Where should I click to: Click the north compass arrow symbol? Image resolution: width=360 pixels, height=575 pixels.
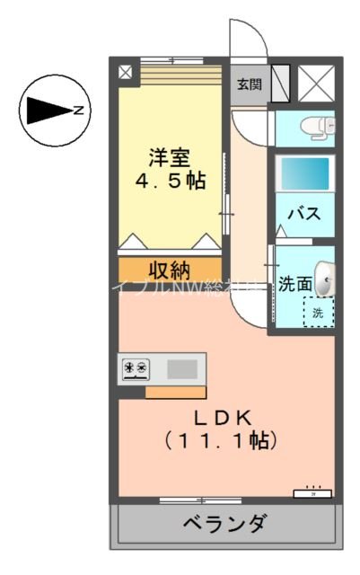tap(47, 111)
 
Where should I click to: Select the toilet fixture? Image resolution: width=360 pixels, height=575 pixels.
tap(316, 127)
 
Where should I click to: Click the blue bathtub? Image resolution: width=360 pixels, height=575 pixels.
tap(305, 172)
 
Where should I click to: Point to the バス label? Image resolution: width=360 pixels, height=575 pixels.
tap(304, 214)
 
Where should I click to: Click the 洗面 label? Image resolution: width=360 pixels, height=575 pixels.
tap(294, 284)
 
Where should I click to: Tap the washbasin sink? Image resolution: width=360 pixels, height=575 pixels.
tap(326, 279)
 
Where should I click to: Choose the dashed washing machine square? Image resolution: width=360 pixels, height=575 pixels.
tap(318, 313)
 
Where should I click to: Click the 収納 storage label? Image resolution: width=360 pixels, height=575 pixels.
tap(169, 270)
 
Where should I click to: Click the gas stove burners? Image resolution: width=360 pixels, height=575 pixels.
tap(136, 367)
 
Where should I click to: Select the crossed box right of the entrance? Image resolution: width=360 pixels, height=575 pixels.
tap(314, 84)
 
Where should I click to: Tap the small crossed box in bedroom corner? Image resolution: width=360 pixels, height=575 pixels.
tap(125, 71)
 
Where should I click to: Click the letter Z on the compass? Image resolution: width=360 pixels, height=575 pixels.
tap(78, 111)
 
